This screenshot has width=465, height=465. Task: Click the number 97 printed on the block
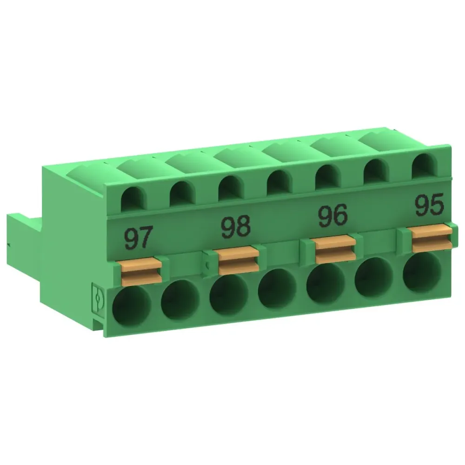pos(138,238)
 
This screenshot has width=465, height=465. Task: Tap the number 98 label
pos(235,226)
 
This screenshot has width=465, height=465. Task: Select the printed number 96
pos(332,215)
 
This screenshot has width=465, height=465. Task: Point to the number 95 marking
pos(428,205)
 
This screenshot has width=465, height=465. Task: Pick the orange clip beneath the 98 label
pos(238,260)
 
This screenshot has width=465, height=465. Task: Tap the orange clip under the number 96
pos(334,248)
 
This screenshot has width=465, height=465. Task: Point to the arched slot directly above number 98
pos(230,187)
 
